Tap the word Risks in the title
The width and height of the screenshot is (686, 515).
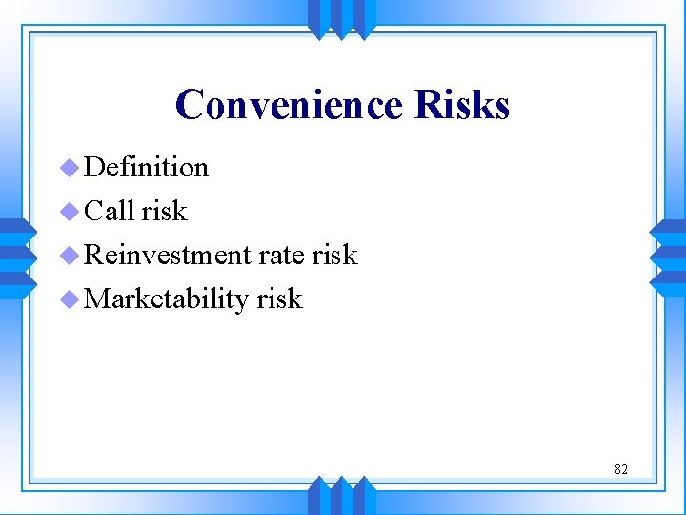(x=462, y=105)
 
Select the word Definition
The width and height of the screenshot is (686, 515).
(x=146, y=167)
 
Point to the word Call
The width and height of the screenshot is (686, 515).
(x=109, y=211)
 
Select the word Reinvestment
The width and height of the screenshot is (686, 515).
(x=167, y=255)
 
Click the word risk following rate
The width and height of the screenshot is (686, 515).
(x=334, y=255)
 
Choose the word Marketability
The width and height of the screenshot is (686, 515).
(x=166, y=299)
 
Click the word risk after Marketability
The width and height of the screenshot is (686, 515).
(x=279, y=299)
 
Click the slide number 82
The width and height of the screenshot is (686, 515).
(x=620, y=469)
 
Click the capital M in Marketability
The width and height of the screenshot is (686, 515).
(x=96, y=299)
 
